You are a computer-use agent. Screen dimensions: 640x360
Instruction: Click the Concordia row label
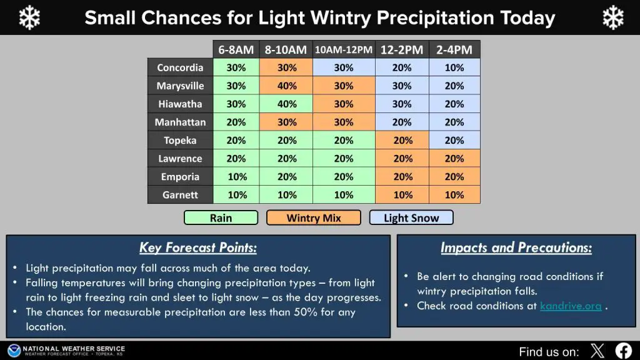[180, 67]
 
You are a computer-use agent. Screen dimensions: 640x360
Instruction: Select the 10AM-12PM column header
[344, 50]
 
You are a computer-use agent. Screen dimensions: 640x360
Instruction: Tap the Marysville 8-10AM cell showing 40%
[286, 86]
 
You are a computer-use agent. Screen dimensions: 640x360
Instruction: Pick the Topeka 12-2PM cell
[402, 141]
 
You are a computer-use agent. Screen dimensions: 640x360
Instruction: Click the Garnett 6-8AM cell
[236, 195]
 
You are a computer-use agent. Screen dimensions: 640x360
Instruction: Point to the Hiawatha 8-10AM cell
[286, 104]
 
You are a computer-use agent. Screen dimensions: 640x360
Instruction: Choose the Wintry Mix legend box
[314, 218]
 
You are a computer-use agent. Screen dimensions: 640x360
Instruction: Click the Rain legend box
[221, 218]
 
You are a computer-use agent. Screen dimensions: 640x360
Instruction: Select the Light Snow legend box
[411, 218]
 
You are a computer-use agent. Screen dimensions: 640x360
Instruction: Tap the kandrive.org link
[571, 306]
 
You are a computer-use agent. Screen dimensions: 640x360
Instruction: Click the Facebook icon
[623, 351]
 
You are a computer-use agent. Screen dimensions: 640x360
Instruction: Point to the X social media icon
[597, 351]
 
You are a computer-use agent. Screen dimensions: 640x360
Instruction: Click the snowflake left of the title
[29, 18]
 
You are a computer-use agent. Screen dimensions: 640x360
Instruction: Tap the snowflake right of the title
[613, 18]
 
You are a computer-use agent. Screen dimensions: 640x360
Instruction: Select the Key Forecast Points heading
[198, 247]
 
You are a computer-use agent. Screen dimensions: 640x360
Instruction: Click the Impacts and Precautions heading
[516, 247]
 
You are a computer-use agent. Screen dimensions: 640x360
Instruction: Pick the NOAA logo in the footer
[14, 351]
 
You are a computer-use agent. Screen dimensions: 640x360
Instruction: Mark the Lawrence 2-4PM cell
[454, 159]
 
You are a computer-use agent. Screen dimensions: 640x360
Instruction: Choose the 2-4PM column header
[454, 50]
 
